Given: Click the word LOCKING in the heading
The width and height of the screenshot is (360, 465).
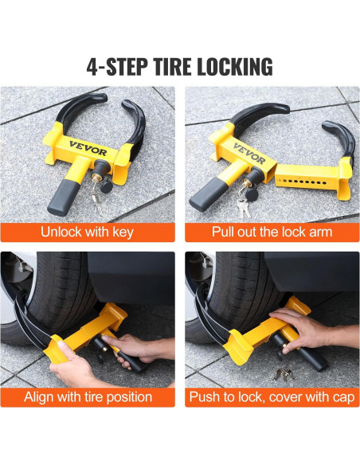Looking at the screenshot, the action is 235,67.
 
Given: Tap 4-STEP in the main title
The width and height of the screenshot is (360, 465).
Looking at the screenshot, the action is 118,67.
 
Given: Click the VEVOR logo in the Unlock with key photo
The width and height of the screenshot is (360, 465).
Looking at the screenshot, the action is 88,148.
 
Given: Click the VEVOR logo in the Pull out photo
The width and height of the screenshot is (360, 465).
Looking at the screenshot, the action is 249,154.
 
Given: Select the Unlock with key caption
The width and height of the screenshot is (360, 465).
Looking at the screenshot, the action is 87,232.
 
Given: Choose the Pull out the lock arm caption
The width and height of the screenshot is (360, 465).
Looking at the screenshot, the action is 272,232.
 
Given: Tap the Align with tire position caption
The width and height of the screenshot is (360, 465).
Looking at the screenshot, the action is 88,397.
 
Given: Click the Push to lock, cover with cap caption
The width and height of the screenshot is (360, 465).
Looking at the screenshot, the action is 272,397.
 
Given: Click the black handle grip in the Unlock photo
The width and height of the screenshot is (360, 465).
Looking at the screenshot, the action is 63,197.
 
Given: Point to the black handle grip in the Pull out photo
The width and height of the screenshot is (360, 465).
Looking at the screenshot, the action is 205,194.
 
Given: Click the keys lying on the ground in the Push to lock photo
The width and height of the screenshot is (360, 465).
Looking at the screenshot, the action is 284,374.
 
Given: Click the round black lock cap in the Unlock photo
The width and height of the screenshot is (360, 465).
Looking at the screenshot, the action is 106,186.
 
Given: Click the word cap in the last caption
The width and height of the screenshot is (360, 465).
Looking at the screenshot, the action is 344,397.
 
